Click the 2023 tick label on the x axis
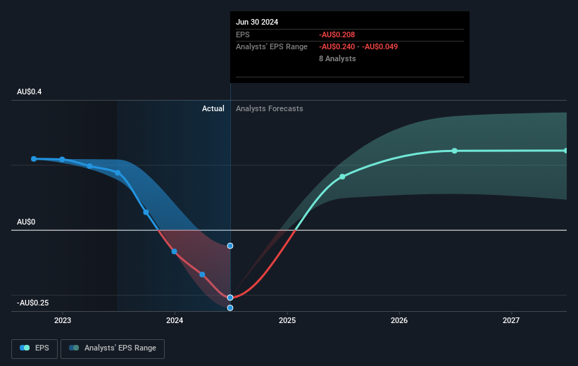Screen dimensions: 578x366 63,320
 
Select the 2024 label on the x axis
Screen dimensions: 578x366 175,320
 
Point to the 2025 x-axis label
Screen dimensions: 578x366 287,320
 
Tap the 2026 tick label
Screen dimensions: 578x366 399,320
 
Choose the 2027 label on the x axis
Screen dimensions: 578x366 511,320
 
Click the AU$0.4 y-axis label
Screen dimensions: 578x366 29,91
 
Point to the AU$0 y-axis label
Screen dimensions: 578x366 26,222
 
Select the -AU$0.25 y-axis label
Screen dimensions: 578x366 33,303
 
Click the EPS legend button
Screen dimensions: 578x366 34,348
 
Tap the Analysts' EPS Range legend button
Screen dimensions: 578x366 113,348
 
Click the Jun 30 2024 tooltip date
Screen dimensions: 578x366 257,22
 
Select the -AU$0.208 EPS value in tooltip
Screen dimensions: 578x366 337,34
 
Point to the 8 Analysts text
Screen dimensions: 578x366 337,58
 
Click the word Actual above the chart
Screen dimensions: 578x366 213,108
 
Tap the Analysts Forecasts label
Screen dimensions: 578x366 270,108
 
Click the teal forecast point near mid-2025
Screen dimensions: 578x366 342,177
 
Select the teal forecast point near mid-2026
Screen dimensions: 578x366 455,151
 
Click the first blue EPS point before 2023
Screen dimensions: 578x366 34,159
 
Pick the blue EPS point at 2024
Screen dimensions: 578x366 175,252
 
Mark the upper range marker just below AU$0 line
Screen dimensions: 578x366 230,246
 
